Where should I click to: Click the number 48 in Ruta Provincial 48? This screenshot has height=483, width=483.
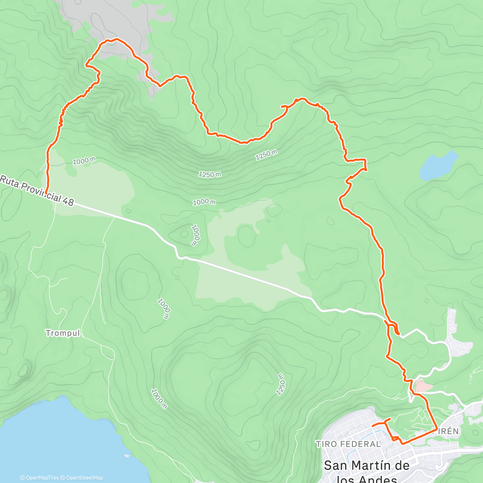click(x=68, y=201)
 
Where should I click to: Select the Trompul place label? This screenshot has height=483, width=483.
click(x=63, y=333)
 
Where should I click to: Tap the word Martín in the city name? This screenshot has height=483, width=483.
click(x=367, y=466)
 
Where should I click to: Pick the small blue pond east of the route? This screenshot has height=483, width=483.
click(x=438, y=165)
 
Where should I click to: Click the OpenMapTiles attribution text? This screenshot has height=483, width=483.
click(x=42, y=478)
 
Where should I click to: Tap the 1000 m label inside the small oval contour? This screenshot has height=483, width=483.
click(x=195, y=235)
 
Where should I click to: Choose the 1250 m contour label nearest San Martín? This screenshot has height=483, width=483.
click(x=281, y=384)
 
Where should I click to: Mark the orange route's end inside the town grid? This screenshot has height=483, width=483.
click(x=372, y=425)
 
